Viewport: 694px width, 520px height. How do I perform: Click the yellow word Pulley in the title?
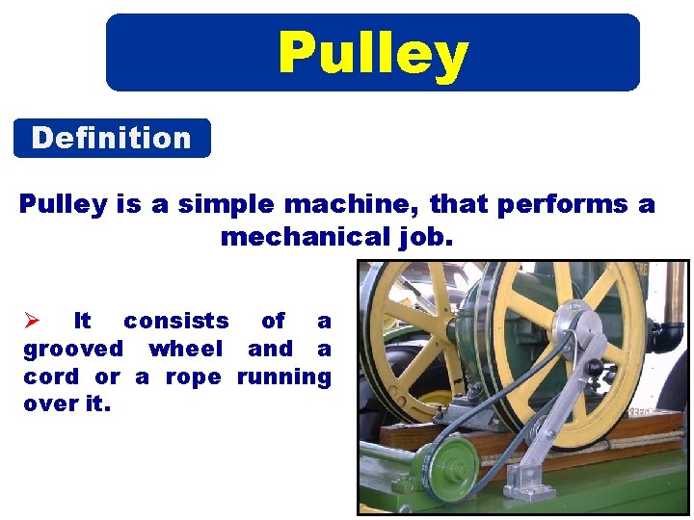click(372, 53)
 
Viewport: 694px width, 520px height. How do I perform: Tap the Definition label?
click(111, 139)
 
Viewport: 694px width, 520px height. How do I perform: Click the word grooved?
click(73, 349)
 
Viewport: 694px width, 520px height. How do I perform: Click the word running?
click(283, 377)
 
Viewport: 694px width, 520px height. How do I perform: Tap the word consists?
click(176, 321)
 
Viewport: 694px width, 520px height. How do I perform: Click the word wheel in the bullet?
click(185, 349)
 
